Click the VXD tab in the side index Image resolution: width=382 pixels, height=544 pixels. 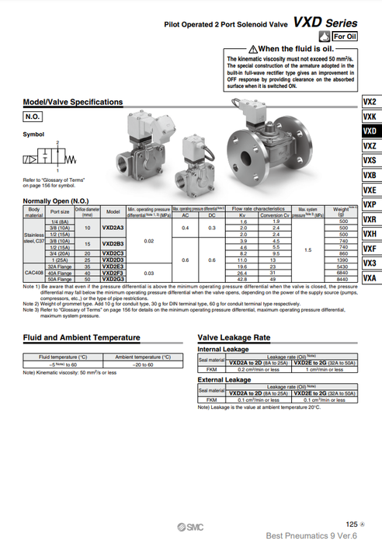[x=370, y=131]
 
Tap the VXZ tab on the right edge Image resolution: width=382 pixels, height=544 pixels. [x=370, y=146]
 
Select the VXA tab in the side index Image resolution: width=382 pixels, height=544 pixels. [x=370, y=277]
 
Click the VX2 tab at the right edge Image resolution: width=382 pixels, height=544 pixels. [x=370, y=102]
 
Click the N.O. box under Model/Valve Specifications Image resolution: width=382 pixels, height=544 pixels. [x=32, y=117]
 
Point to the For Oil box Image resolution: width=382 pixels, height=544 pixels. [x=344, y=37]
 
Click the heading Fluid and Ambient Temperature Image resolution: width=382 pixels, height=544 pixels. [x=82, y=338]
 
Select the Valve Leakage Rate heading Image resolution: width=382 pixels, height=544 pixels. [x=234, y=338]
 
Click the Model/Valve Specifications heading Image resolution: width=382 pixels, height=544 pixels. [x=73, y=102]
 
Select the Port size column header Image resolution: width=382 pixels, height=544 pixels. [x=60, y=211]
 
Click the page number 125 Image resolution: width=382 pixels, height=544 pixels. [x=352, y=525]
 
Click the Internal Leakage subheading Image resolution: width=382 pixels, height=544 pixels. [x=223, y=350]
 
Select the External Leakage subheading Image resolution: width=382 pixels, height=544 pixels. [x=224, y=380]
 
